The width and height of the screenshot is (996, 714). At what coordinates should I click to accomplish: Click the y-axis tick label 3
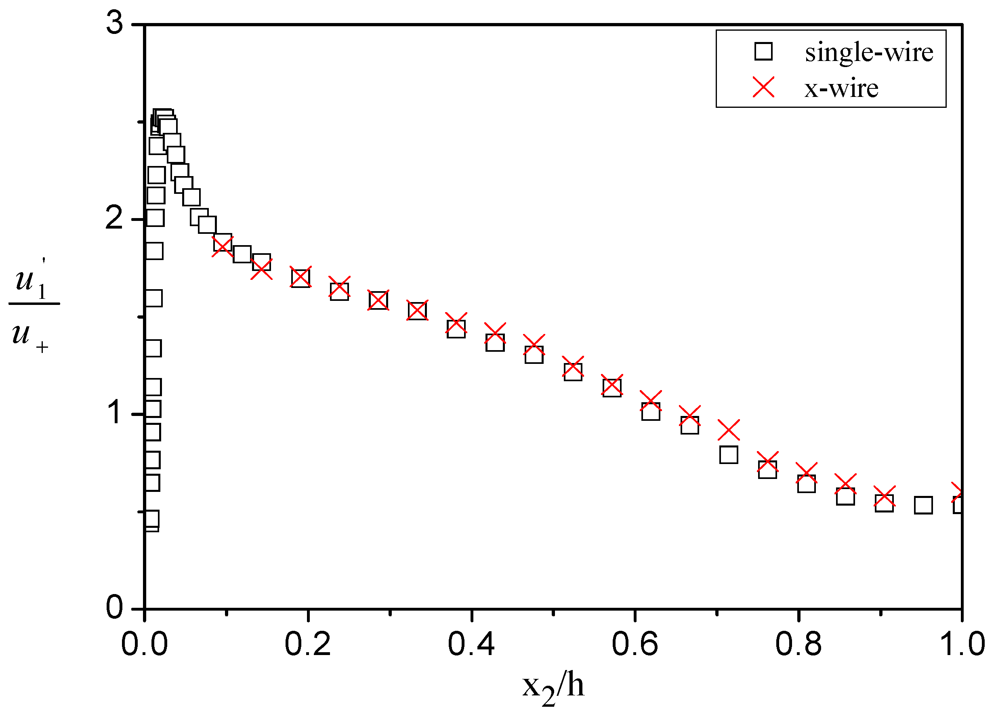[115, 23]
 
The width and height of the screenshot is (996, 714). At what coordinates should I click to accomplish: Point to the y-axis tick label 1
[116, 413]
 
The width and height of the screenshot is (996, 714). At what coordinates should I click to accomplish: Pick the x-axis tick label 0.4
[471, 644]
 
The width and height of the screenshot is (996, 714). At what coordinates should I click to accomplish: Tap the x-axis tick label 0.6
[635, 644]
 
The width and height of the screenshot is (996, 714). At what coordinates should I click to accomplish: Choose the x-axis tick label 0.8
[798, 644]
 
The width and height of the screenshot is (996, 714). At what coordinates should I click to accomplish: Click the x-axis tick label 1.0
[961, 644]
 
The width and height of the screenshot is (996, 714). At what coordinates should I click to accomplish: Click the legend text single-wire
[869, 52]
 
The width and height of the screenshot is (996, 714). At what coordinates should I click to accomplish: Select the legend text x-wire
[841, 88]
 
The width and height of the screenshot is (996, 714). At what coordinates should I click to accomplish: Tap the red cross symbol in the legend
[764, 87]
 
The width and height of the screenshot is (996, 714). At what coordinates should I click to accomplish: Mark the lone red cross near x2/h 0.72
[729, 430]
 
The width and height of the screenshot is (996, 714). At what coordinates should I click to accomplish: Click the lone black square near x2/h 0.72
[729, 455]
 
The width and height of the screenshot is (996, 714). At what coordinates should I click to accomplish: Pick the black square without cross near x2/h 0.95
[923, 506]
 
